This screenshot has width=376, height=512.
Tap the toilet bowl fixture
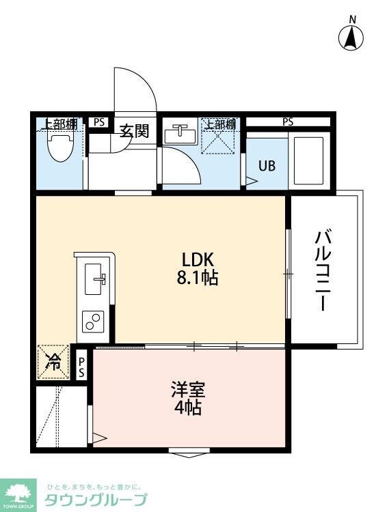pos(60,147)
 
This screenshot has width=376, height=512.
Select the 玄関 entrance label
pos(134,130)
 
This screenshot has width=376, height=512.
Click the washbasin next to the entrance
pos(180,134)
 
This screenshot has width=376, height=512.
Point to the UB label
pos(267,166)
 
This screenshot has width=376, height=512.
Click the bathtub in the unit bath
pos(308,160)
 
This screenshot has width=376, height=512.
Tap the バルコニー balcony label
pos(323,271)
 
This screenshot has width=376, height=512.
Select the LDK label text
pos(198,260)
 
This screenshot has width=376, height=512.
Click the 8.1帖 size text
pos(198,279)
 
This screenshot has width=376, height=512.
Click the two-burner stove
pos(93,322)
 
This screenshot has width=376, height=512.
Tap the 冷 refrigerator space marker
pos(53,362)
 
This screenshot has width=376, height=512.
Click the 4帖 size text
pos(188,407)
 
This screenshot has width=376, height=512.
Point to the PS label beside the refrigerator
pos(81,367)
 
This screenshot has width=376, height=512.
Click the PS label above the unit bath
pos(288,122)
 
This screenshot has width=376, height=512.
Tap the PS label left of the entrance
pos(99,122)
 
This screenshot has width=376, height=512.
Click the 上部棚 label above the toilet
pos(61,124)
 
